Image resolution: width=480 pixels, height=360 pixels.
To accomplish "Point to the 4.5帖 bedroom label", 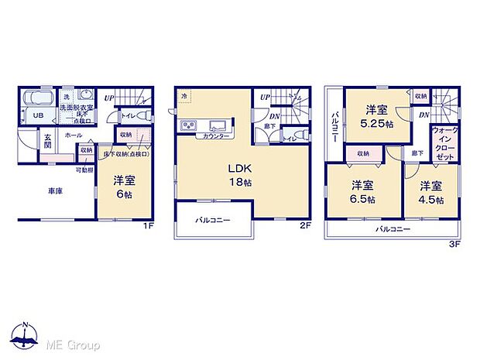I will [430, 192].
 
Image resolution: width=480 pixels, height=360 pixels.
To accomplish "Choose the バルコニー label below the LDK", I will [213, 221].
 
